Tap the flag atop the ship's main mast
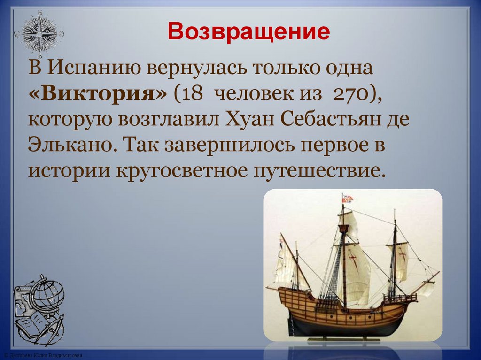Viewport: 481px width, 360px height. (x=347, y=198)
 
